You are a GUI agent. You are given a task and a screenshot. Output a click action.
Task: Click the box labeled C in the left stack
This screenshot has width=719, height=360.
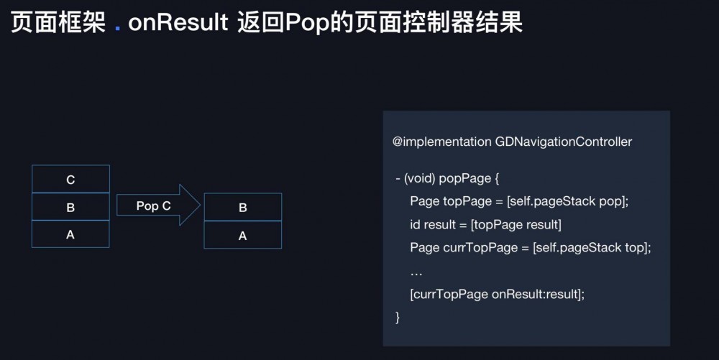pyautogui.click(x=70, y=179)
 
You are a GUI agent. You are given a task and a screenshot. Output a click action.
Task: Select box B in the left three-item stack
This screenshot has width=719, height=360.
pyautogui.click(x=70, y=207)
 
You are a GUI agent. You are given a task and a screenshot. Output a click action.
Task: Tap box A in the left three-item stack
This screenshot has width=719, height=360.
pyautogui.click(x=70, y=234)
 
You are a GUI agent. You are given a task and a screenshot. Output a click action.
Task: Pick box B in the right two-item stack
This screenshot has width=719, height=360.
pyautogui.click(x=242, y=208)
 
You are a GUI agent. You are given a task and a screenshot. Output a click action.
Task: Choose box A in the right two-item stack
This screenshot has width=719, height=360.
pyautogui.click(x=242, y=235)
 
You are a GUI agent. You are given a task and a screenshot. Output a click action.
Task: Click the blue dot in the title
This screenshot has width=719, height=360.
pyautogui.click(x=118, y=28)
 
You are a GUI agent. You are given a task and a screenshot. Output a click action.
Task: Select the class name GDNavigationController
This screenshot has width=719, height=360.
pyautogui.click(x=563, y=142)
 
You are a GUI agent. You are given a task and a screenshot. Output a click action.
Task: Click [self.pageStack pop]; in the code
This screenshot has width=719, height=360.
pyautogui.click(x=567, y=201)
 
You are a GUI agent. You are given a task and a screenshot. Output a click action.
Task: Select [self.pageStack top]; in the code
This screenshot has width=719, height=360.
pyautogui.click(x=592, y=248)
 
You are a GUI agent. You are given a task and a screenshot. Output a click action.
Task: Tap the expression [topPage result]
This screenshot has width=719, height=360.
pyautogui.click(x=516, y=225)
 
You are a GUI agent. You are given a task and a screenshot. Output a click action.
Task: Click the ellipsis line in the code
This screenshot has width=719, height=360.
pyautogui.click(x=416, y=272)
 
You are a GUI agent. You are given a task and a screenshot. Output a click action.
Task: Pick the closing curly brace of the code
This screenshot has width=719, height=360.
pyautogui.click(x=398, y=316)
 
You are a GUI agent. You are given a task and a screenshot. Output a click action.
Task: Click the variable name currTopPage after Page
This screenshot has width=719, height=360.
pyautogui.click(x=475, y=248)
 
